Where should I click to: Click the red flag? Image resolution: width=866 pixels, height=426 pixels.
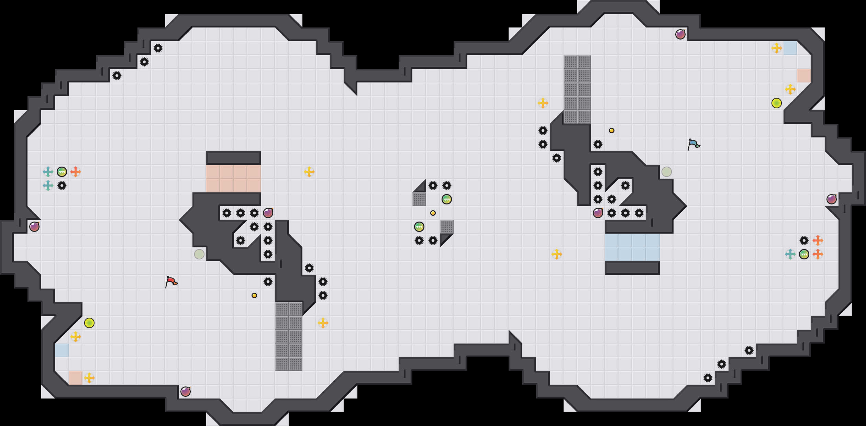171,282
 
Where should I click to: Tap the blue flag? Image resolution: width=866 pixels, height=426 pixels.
693,144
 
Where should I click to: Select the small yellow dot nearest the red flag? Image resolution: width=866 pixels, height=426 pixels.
254,295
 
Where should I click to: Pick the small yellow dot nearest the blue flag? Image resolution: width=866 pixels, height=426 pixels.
612,131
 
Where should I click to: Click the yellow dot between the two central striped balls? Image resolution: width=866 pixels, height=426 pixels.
433,213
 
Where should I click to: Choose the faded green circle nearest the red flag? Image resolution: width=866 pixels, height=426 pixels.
199,254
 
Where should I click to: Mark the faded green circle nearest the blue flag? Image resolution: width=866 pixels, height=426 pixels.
667,172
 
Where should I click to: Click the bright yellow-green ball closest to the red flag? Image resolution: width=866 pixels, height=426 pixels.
89,323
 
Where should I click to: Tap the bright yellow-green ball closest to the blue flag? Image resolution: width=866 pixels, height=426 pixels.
777,103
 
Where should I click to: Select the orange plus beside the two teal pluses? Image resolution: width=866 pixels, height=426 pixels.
76,172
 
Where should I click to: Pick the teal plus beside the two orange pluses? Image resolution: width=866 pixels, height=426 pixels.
790,254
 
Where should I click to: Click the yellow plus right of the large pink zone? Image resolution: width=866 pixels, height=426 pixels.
309,172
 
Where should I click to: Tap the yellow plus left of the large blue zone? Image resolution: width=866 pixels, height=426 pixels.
557,254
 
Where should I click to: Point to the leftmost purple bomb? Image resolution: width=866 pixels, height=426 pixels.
34,227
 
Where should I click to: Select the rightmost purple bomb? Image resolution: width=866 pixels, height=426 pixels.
832,199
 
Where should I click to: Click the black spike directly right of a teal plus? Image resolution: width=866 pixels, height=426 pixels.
62,186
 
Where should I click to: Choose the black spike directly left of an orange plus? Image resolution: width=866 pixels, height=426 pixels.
804,240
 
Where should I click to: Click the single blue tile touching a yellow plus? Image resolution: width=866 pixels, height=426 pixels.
790,48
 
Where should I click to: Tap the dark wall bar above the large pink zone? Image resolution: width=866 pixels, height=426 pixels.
234,158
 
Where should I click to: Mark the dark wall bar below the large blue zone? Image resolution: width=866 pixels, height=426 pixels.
632,268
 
